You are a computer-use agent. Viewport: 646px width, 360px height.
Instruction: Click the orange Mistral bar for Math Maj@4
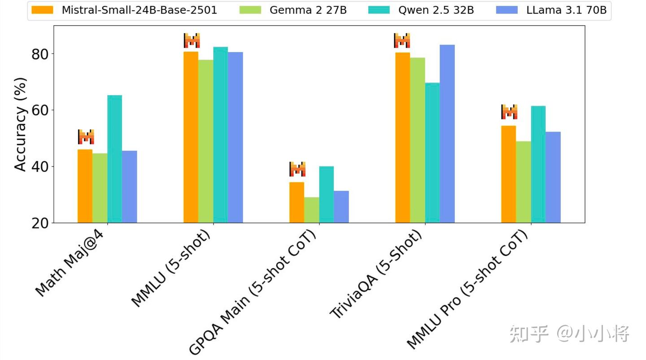[85, 186]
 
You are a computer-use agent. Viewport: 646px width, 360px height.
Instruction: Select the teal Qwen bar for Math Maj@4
[114, 159]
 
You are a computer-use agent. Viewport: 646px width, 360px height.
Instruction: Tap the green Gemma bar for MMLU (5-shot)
[205, 141]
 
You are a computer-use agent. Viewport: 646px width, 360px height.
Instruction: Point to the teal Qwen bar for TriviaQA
[432, 153]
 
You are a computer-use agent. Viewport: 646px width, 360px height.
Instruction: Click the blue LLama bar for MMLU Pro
[553, 177]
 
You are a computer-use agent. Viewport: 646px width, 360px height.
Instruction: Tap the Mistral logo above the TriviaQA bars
[402, 40]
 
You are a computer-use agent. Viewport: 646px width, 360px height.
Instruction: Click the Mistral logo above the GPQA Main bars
[297, 169]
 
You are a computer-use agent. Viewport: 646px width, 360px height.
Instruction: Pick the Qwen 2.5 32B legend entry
[421, 10]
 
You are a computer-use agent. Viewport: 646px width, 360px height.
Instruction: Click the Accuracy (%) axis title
[20, 124]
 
